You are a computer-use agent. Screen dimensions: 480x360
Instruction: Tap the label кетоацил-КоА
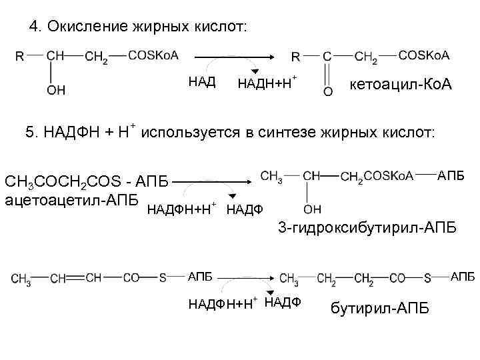tap(401, 85)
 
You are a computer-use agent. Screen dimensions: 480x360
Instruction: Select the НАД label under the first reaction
tap(202, 82)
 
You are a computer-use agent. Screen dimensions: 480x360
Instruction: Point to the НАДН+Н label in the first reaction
tap(266, 83)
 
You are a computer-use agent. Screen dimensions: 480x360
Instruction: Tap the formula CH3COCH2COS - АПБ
tap(87, 181)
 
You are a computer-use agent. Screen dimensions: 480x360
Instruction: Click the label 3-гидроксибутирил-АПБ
tap(367, 229)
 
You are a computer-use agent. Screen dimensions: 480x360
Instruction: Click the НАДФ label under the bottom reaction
tap(283, 302)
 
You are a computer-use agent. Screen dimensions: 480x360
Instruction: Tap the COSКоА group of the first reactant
tap(153, 56)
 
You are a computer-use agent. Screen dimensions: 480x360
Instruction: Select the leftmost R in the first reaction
tap(20, 57)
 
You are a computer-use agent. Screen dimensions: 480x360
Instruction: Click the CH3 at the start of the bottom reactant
tap(21, 279)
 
